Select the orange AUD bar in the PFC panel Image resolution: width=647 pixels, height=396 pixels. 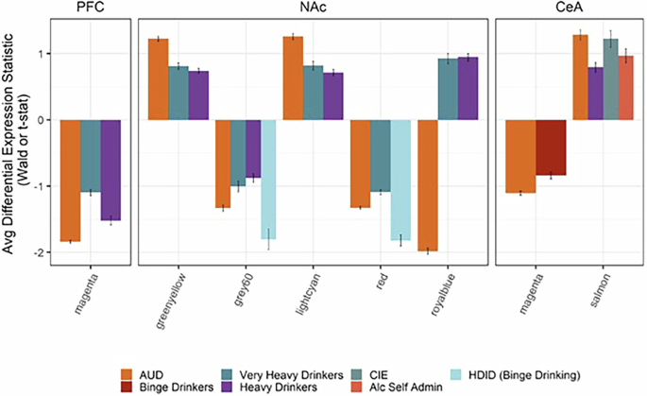pos(70,181)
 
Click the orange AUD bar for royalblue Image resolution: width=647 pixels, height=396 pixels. pos(428,185)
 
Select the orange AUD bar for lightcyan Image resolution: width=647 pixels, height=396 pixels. pos(293,78)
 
